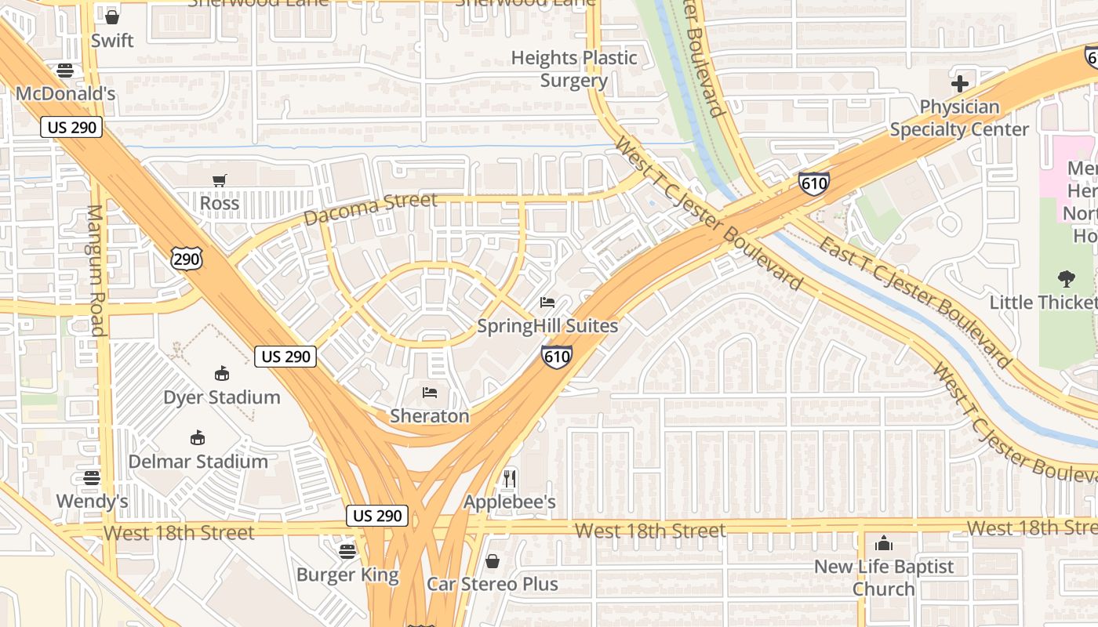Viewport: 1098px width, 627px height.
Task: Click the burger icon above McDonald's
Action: coord(65,71)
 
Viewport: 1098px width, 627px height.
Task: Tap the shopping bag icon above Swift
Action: coord(112,16)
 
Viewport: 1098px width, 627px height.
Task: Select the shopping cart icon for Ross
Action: coord(220,180)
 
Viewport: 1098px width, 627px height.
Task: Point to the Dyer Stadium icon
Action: coord(222,373)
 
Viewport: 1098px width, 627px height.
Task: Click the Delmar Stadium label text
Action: coord(198,461)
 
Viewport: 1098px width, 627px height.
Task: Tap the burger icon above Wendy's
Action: coord(92,477)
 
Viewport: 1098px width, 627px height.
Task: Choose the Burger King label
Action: coord(347,574)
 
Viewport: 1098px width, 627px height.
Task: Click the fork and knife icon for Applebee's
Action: coord(510,478)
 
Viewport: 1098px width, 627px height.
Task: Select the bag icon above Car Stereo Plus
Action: coord(493,560)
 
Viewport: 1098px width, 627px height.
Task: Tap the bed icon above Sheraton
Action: coord(430,392)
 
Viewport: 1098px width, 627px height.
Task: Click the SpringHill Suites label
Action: coord(547,325)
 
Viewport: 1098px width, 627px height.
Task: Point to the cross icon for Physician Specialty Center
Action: coord(959,83)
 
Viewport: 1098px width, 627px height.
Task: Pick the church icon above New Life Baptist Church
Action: coord(884,542)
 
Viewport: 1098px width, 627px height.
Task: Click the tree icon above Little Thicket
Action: coord(1066,278)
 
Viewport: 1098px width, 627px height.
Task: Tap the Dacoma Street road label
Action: coord(370,208)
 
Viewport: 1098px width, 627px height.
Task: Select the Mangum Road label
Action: coord(96,270)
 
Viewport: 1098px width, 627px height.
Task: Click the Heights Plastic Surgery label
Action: coord(574,69)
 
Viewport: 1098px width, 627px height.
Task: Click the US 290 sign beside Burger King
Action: coord(377,516)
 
